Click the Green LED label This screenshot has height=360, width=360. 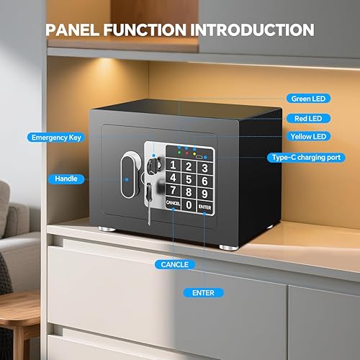point(308,98)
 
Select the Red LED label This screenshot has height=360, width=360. point(308,117)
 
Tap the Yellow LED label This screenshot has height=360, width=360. point(308,136)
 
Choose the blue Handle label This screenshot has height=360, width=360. point(66,178)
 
